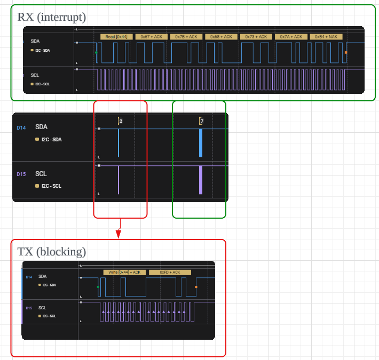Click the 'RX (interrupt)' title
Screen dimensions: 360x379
tap(51, 17)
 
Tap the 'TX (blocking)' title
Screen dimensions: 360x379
tap(51, 251)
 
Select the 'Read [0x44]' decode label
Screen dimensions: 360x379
tap(116, 37)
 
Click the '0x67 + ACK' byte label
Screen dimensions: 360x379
tap(151, 37)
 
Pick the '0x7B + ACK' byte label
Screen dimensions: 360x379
tap(186, 37)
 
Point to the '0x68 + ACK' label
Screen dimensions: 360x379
tap(221, 37)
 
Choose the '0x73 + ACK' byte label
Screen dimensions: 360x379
tap(256, 37)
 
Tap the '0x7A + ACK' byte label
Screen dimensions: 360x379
tap(291, 37)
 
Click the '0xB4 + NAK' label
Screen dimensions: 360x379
tap(326, 37)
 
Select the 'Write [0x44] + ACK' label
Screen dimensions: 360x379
tap(124, 272)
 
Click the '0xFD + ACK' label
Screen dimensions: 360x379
tap(170, 272)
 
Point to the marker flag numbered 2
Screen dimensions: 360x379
tap(121, 122)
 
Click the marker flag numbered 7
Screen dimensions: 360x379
tap(201, 122)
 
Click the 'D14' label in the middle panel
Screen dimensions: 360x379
tap(21, 127)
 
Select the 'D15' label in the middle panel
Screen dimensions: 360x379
tap(21, 174)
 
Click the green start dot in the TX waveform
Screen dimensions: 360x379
tap(98, 287)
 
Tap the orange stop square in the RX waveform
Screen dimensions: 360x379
tap(346, 52)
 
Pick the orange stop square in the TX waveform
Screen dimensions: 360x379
tap(196, 287)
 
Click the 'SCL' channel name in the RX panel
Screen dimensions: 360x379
tap(35, 75)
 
